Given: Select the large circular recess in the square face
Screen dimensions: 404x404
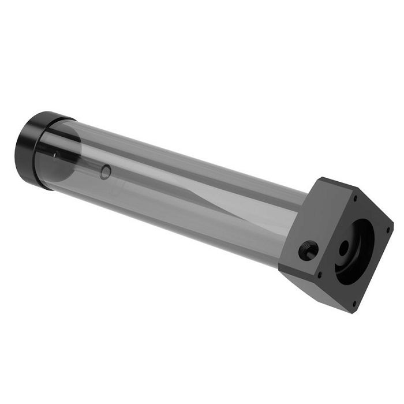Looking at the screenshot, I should tap(354, 252).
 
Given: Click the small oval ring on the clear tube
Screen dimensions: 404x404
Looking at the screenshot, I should tap(104, 171).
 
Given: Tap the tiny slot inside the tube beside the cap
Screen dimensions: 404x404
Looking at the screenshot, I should tap(55, 154).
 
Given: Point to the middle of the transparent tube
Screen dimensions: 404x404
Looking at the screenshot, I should tap(173, 190).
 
